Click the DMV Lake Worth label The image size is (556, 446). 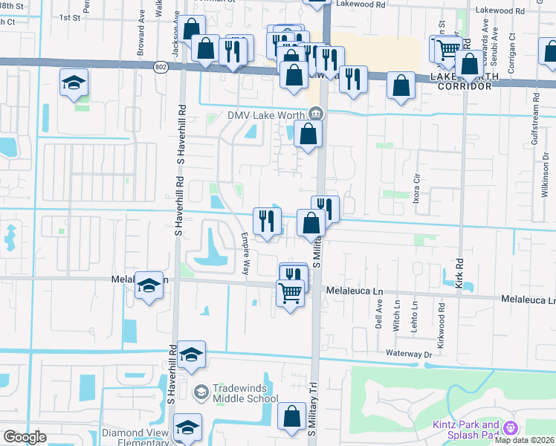267,114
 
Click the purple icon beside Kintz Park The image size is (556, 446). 510,428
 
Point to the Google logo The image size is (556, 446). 25,437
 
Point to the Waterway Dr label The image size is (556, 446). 408,355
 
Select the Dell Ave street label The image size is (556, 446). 378,316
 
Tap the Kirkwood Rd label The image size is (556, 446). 442,317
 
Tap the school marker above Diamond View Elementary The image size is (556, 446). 187,427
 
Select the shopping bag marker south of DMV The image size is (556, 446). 308,136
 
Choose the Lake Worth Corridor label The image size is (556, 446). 461,82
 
